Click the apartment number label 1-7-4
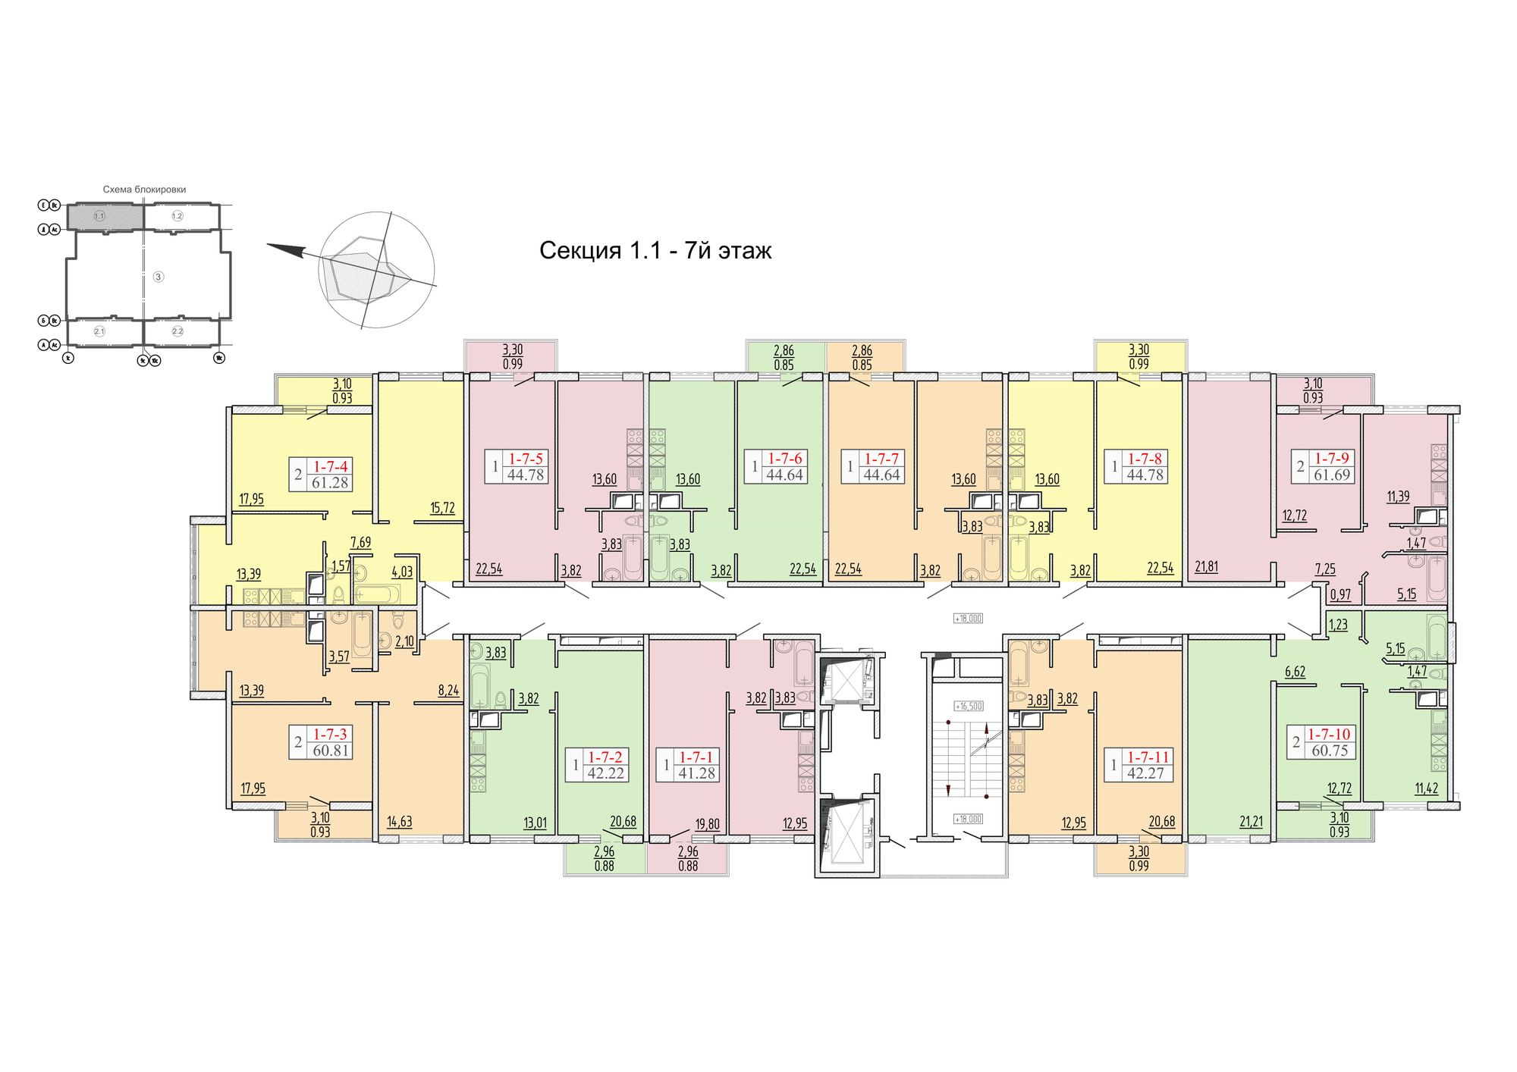[x=330, y=466]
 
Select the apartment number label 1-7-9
[x=1332, y=458]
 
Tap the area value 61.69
[x=1332, y=475]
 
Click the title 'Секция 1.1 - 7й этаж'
[x=655, y=250]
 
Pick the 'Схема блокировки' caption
[x=144, y=190]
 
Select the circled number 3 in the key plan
[x=159, y=277]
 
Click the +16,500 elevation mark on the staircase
[x=969, y=706]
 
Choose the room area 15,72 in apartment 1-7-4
[x=442, y=508]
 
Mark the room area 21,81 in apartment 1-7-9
[x=1206, y=566]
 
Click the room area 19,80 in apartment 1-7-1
[x=708, y=824]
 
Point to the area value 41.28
[x=696, y=774]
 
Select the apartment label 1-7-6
[x=785, y=458]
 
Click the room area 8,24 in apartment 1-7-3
[x=448, y=691]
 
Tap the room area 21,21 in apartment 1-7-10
[x=1251, y=821]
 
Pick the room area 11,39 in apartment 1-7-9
[x=1398, y=497]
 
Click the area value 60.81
[x=331, y=751]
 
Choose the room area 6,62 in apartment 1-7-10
[x=1295, y=671]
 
